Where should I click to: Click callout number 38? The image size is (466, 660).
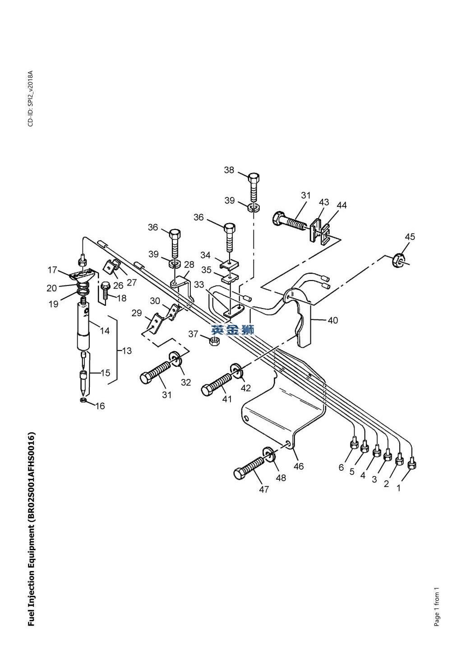point(229,170)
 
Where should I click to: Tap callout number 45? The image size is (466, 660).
point(410,237)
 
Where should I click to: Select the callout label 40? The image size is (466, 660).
point(333,320)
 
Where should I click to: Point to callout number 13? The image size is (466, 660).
point(127,351)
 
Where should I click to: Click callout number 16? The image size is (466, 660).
point(100,406)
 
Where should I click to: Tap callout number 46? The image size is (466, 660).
point(299,466)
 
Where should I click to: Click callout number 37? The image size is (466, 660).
point(193,334)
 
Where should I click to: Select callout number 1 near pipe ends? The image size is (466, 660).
point(399,488)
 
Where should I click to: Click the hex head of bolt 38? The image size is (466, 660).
point(253,178)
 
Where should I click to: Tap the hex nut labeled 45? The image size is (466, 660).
point(397,260)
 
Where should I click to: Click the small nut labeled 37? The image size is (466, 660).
point(214,342)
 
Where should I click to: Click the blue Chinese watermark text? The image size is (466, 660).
point(232,330)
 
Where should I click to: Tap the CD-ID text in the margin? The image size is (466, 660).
point(31,98)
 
